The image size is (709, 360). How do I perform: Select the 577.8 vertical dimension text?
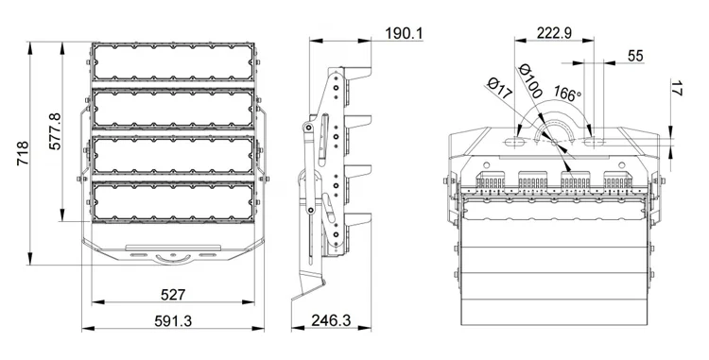(55, 131)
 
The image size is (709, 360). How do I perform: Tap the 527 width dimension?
(172, 295)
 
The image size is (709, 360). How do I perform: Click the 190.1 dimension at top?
(404, 35)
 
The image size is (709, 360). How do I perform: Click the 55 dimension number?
(635, 57)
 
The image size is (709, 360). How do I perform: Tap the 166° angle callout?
(566, 94)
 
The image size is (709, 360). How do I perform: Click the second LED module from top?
(172, 110)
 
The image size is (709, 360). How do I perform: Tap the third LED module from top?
(172, 155)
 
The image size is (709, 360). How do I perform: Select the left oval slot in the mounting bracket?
(518, 141)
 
